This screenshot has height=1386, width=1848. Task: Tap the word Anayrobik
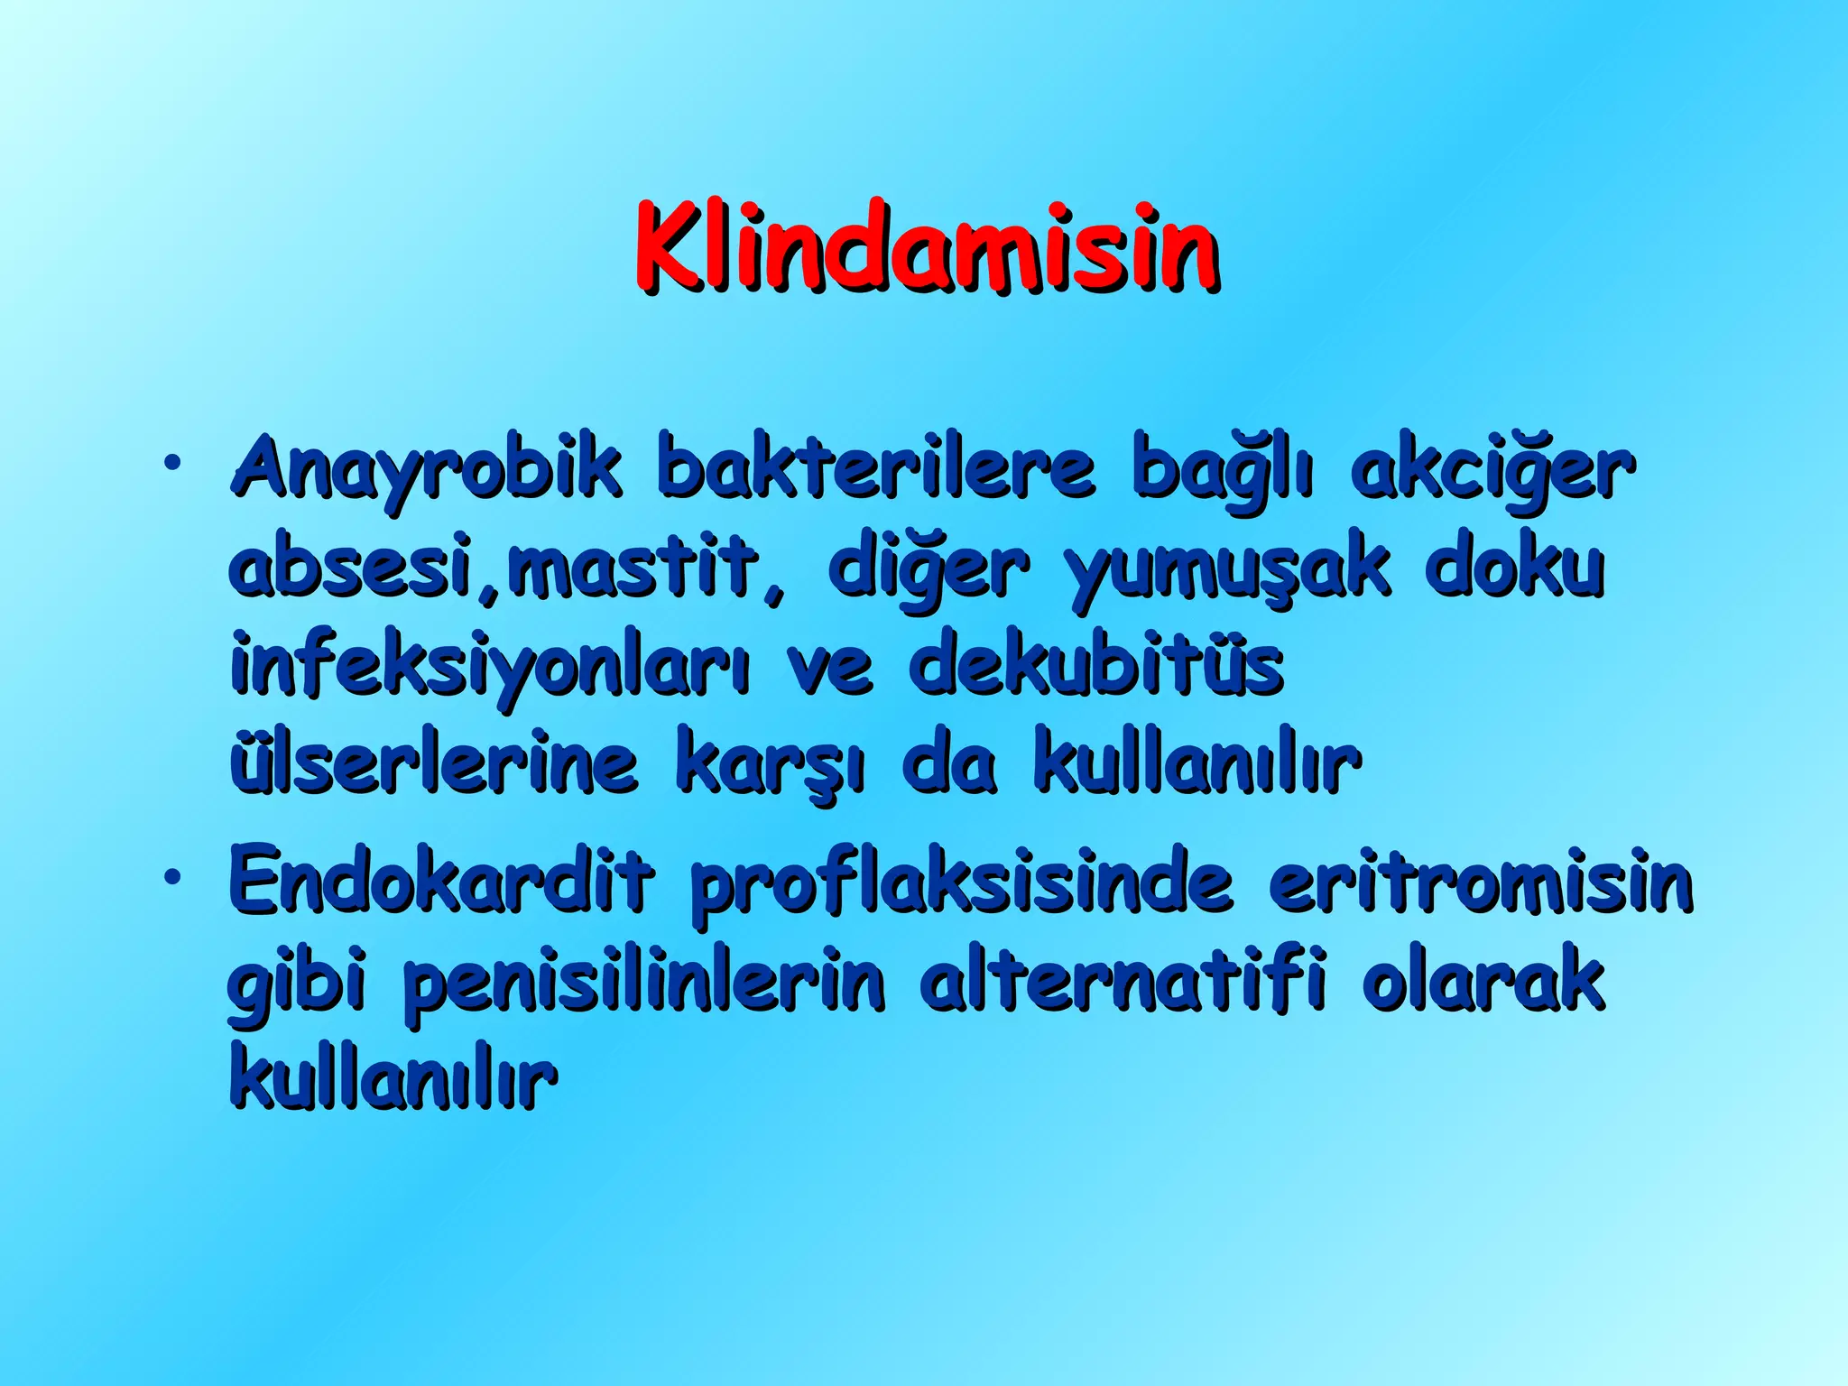pyautogui.click(x=426, y=469)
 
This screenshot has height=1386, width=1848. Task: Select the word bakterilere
pyautogui.click(x=875, y=469)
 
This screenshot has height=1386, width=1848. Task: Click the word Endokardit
pyautogui.click(x=440, y=879)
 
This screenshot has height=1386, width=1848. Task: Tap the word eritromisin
pyautogui.click(x=1480, y=879)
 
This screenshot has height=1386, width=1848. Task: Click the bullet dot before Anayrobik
pyautogui.click(x=171, y=465)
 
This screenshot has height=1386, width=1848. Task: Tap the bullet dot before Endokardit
pyautogui.click(x=171, y=874)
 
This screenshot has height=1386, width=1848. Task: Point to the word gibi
pyautogui.click(x=296, y=984)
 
